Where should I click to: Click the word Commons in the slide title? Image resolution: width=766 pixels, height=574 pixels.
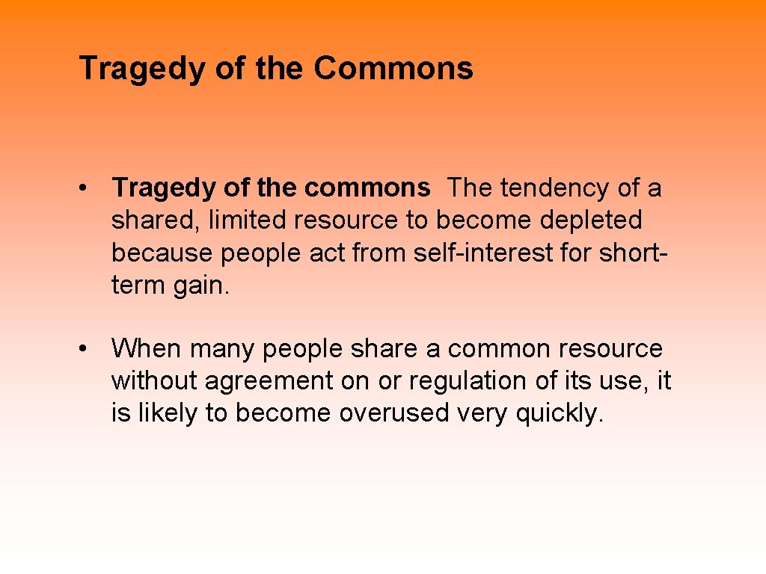coord(393,68)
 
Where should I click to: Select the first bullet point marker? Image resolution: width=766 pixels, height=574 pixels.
coord(88,188)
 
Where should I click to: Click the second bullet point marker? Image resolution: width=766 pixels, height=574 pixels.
coord(88,349)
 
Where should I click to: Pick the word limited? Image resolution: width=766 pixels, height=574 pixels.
coord(248,220)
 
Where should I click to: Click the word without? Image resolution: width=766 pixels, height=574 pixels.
coord(154,381)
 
